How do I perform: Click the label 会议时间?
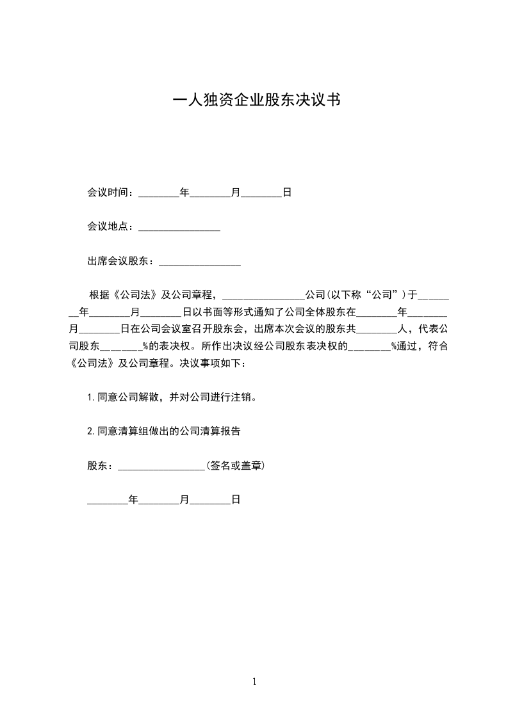tap(109, 192)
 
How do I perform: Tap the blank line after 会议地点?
tap(179, 227)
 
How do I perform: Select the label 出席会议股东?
tap(119, 261)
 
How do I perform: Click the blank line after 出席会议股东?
tap(199, 262)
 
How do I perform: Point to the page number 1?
tap(254, 682)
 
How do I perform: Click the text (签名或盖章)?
tap(235, 466)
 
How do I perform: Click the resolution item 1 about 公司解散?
tap(173, 397)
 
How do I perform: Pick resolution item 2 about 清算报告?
tap(164, 431)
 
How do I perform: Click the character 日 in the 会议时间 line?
tap(288, 192)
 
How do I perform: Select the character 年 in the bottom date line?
tap(133, 500)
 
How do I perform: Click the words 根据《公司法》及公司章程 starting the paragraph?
tap(154, 295)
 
